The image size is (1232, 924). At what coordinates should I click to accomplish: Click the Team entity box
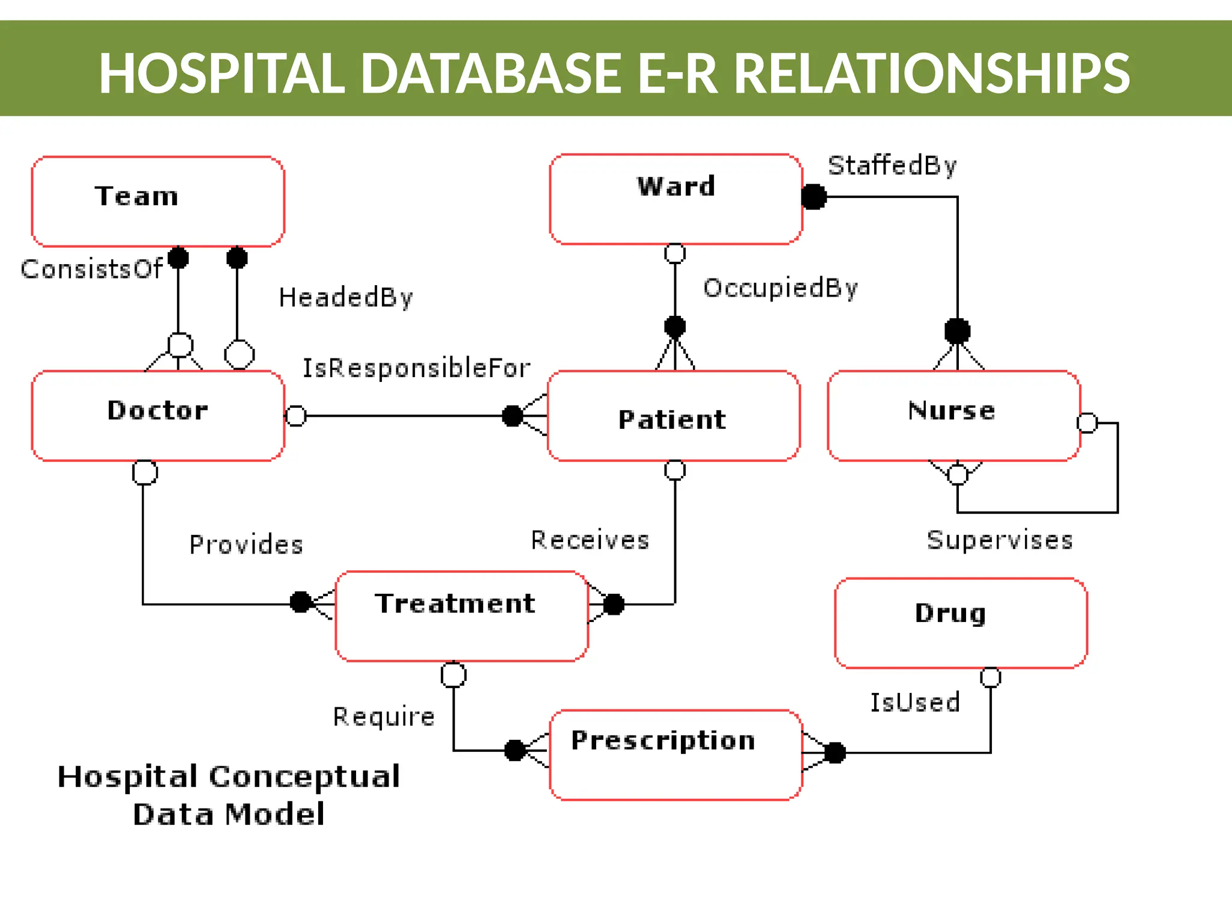pyautogui.click(x=158, y=202)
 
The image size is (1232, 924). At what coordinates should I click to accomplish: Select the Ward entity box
pyautogui.click(x=676, y=199)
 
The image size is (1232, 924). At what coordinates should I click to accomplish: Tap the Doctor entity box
pyautogui.click(x=158, y=416)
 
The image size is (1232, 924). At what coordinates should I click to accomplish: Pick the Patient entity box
pyautogui.click(x=673, y=416)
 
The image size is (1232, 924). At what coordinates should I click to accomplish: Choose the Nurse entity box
pyautogui.click(x=953, y=416)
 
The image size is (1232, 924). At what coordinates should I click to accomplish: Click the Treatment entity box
pyautogui.click(x=461, y=616)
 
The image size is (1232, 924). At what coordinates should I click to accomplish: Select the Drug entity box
pyautogui.click(x=961, y=623)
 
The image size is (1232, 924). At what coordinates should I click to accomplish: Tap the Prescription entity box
pyautogui.click(x=676, y=754)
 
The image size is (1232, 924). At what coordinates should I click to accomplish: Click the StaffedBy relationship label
pyautogui.click(x=892, y=165)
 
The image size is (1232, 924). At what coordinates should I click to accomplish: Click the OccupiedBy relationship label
pyautogui.click(x=780, y=288)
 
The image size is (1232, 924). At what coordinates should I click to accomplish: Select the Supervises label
pyautogui.click(x=999, y=540)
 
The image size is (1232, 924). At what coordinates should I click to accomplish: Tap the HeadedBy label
pyautogui.click(x=345, y=298)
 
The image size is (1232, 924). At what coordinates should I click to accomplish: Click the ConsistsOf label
pyautogui.click(x=91, y=269)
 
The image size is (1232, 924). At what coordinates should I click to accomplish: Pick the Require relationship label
pyautogui.click(x=384, y=716)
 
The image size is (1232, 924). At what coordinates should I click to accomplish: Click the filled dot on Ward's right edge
pyautogui.click(x=814, y=197)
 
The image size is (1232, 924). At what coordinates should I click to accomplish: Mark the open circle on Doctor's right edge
pyautogui.click(x=295, y=416)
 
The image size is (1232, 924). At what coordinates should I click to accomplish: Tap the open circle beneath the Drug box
pyautogui.click(x=990, y=677)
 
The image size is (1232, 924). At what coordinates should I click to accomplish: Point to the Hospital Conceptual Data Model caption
pyautogui.click(x=229, y=795)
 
